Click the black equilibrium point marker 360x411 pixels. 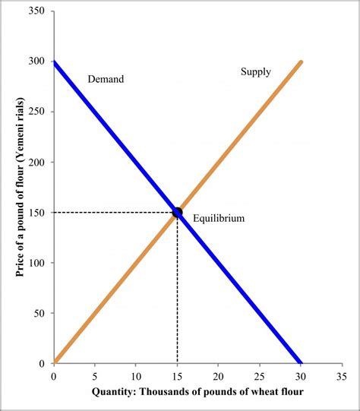(177, 213)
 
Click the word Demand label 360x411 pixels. (106, 78)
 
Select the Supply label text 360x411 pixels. (256, 71)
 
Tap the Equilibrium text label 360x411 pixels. (219, 218)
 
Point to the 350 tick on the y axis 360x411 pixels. (35, 11)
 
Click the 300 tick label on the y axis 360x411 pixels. (35, 62)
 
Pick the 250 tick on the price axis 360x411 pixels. (35, 112)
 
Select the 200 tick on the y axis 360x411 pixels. (35, 163)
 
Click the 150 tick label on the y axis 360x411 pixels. (35, 213)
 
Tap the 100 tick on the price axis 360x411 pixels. (35, 263)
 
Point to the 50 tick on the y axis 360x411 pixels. (38, 313)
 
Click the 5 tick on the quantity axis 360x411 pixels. (95, 375)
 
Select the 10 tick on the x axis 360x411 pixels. (136, 375)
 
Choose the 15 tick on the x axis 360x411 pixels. (177, 375)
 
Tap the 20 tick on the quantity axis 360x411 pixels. (219, 375)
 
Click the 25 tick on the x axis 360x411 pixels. (260, 375)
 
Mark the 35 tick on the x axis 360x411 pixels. (342, 375)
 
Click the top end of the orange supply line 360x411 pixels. (301, 63)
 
